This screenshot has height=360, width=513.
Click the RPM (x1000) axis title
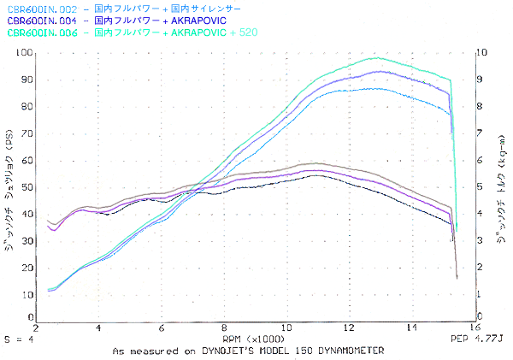[256, 339]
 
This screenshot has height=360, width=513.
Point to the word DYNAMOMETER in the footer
[349, 351]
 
